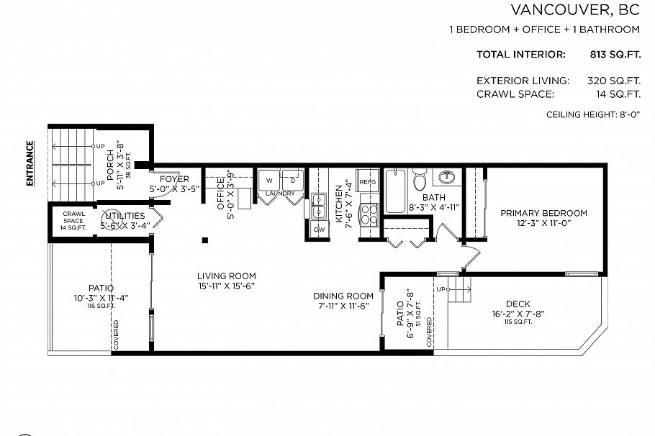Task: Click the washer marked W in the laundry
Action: pos(268,180)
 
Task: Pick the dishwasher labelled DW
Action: pos(319,230)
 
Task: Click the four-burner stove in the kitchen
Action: pos(368,214)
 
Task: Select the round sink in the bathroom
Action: pos(448,177)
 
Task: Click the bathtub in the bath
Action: pos(394,191)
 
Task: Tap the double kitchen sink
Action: pos(318,206)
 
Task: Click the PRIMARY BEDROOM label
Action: pos(543,213)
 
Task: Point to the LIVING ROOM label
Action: pos(227,276)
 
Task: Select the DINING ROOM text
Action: pos(343,296)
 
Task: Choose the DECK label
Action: pos(518,304)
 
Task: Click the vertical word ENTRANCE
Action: pos(30,164)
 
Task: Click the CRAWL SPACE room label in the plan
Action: pos(74,217)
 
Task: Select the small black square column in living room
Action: pos(205,240)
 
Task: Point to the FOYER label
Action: pos(174,179)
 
